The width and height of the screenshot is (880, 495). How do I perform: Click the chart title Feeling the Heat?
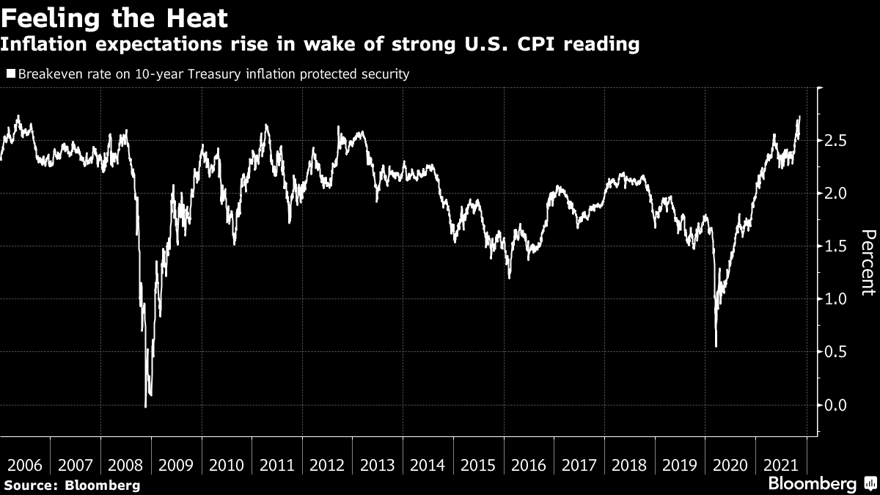point(114,18)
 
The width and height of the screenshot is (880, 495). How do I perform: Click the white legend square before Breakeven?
point(11,74)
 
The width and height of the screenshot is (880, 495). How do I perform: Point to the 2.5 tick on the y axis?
point(835,140)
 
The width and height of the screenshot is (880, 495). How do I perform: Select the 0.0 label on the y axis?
point(835,405)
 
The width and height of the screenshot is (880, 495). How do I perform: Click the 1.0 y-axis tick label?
point(835,299)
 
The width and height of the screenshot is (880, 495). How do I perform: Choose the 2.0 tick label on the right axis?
point(835,193)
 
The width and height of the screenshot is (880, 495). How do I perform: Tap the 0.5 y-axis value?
point(835,352)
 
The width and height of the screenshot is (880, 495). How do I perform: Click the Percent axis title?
point(868,262)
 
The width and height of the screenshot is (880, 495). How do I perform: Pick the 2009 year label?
point(177,465)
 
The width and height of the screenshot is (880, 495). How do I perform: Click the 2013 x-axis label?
point(378,465)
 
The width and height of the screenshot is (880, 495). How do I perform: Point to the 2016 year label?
point(529,465)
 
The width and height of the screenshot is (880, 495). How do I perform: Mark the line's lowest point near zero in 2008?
point(145,406)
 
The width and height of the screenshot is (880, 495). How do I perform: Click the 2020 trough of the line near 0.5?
point(716,347)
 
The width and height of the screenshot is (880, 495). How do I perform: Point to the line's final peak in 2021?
point(799,117)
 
